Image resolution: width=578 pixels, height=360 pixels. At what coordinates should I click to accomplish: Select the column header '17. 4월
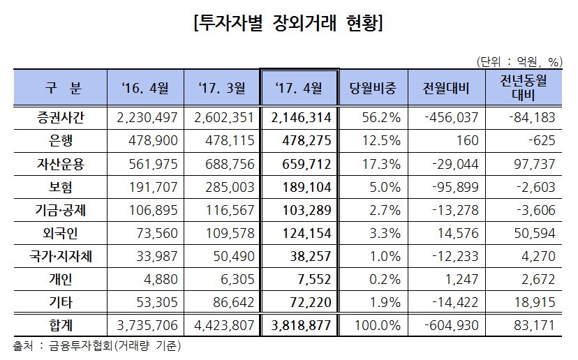(x=299, y=88)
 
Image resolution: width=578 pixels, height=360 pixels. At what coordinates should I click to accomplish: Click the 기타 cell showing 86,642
(x=225, y=301)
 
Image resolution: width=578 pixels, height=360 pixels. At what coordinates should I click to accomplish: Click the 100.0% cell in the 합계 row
(x=380, y=325)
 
